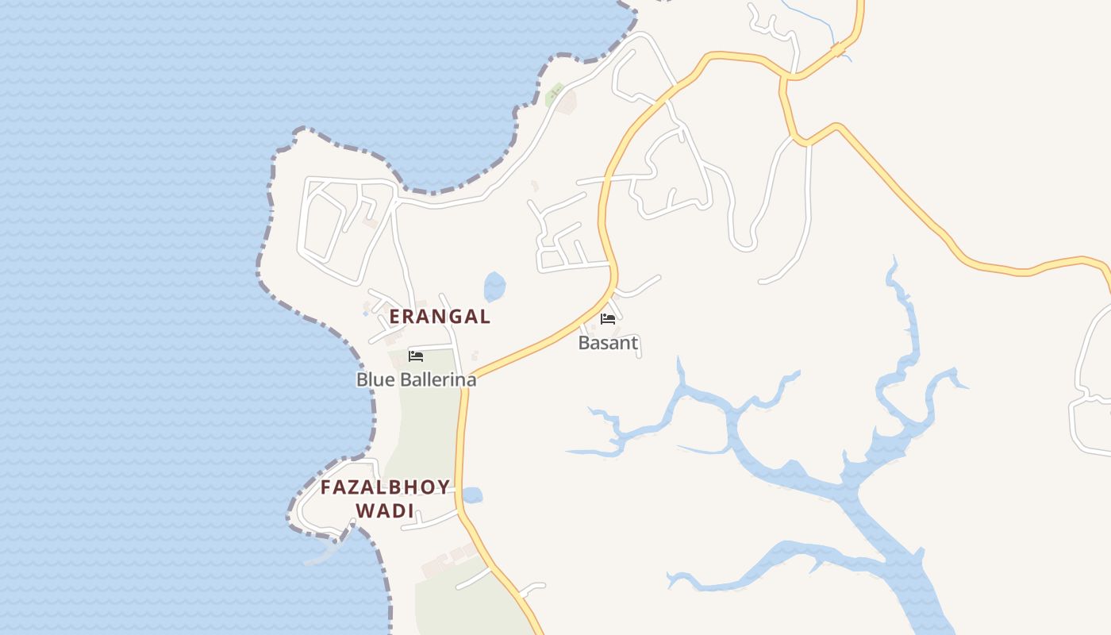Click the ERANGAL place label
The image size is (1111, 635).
(440, 316)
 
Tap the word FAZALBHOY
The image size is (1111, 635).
(385, 487)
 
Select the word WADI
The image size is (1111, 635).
(385, 510)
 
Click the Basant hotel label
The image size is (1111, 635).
(608, 343)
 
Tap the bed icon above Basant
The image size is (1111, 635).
(608, 319)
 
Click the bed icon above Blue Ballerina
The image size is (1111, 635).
(416, 356)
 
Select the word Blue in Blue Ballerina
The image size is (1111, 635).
(374, 379)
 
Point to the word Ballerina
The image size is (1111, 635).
(436, 379)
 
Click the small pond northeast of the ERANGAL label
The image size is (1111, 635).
(494, 287)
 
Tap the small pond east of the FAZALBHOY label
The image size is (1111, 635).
(471, 495)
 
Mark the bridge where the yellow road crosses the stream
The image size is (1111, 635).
(838, 50)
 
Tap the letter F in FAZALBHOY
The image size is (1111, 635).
(326, 487)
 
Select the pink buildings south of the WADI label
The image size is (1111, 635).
(448, 559)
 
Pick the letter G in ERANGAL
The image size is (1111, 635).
(457, 316)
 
